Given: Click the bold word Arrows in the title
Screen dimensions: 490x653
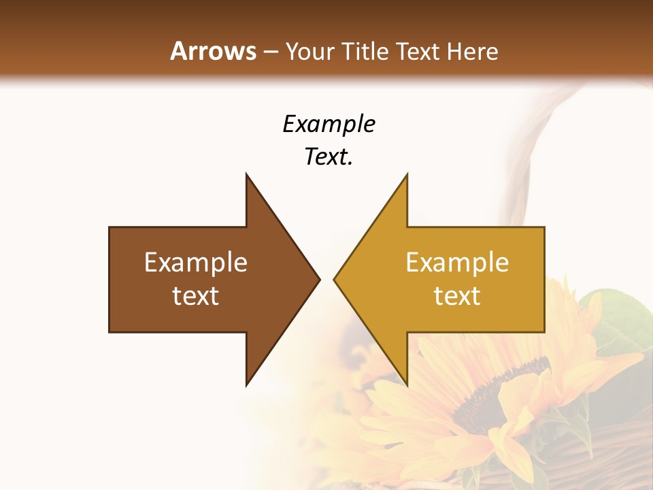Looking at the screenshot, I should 213,51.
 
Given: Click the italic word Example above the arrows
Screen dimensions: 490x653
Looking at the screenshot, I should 329,124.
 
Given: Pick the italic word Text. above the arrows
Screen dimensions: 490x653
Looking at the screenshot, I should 329,157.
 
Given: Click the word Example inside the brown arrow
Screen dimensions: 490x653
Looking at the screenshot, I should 196,262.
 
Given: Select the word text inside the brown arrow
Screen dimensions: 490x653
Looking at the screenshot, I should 196,296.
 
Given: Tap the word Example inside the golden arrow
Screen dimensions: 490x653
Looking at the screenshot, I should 457,262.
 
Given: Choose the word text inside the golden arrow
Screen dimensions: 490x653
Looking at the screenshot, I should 457,296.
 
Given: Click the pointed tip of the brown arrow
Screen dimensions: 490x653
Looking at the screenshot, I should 318,279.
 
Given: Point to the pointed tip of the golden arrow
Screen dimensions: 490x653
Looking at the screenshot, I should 335,279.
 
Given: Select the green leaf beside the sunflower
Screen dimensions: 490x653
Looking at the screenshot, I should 616,320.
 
